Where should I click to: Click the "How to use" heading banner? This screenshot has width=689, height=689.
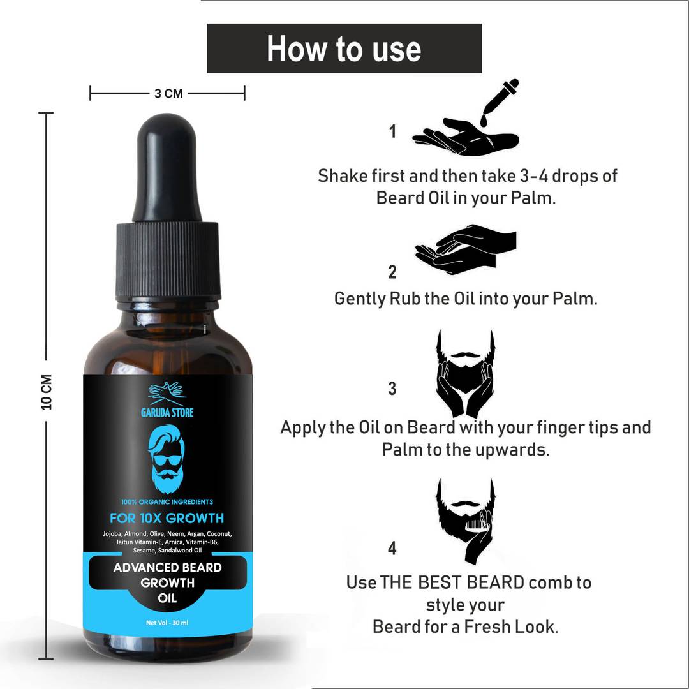[x=344, y=48]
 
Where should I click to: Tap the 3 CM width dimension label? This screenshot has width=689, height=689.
[x=168, y=94]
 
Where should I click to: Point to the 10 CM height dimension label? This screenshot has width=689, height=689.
[x=47, y=392]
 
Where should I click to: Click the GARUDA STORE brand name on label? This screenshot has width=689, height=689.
[x=167, y=412]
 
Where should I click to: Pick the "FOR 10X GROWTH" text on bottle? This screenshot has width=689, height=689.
[x=167, y=518]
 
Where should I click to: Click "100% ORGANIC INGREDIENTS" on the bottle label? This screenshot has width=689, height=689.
[x=167, y=502]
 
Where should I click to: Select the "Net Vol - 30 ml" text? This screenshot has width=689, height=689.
[x=167, y=623]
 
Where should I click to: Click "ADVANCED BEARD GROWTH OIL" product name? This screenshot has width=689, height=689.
[x=167, y=582]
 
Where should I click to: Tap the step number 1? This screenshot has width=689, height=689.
[x=392, y=131]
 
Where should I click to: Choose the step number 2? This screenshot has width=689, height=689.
[x=392, y=272]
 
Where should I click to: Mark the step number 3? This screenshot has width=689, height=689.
[x=392, y=389]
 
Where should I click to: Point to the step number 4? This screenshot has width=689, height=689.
[x=392, y=548]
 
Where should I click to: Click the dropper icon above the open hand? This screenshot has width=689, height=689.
[x=500, y=102]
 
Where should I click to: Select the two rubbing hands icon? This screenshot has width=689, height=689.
[x=466, y=249]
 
